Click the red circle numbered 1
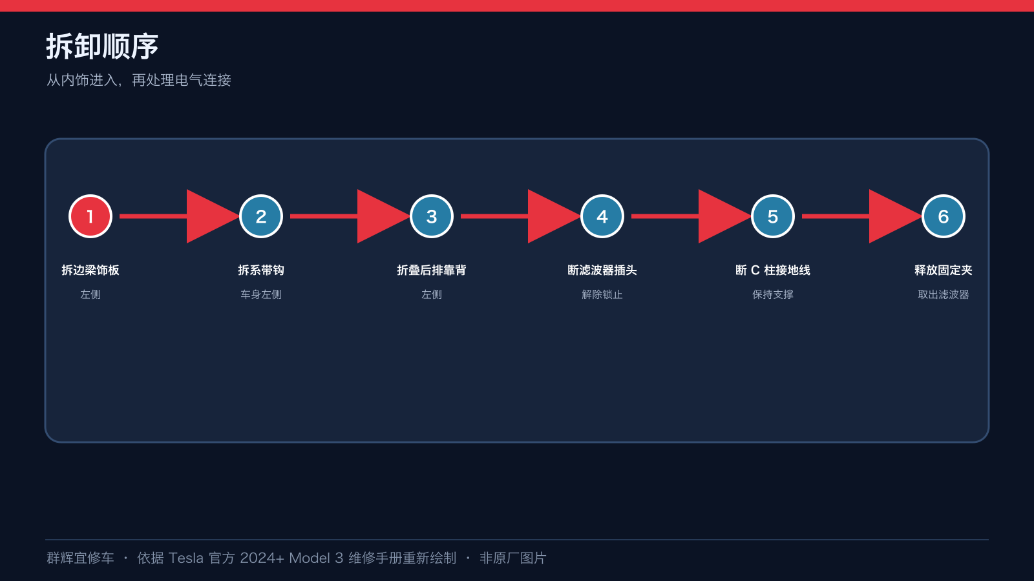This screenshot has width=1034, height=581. coord(90,216)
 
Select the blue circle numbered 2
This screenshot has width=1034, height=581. coord(261,216)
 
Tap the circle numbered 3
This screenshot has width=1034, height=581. coord(432,216)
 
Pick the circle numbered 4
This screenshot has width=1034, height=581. coord(602,216)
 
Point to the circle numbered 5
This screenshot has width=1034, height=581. coord(773,216)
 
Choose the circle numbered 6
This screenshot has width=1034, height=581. coord(943,216)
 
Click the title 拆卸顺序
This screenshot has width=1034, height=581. coord(102,46)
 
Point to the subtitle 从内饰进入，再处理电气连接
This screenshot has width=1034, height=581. coord(138,80)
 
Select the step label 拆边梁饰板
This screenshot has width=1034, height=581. coord(90,270)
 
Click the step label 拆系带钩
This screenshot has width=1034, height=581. coord(261,270)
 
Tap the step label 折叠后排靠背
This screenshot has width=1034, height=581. coord(432,270)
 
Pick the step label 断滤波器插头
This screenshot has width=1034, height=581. coord(602,270)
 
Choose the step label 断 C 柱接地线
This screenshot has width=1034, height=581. coord(773,270)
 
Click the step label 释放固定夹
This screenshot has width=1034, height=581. coord(943,270)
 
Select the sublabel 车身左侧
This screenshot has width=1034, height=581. coord(261,294)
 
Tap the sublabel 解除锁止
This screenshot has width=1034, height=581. coord(602,294)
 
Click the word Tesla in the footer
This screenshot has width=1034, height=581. coord(185,558)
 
